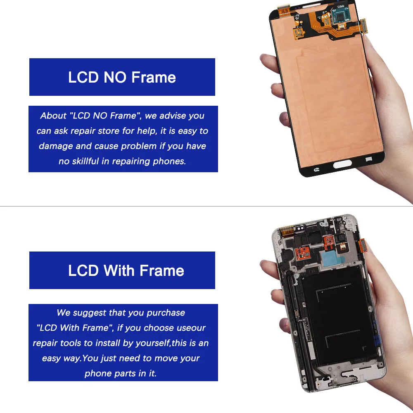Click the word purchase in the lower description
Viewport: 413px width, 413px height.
coord(165,313)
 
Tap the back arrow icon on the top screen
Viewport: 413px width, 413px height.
coord(317,169)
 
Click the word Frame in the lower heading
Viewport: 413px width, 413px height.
coord(161,271)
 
